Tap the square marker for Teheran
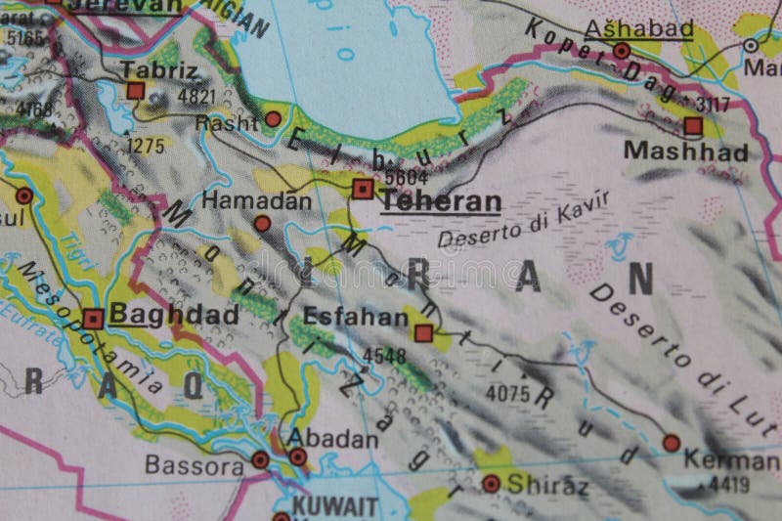click(363, 188)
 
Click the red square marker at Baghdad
click(93, 319)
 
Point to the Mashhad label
click(685, 152)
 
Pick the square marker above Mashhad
click(693, 126)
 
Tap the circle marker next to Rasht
click(274, 118)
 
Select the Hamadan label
click(258, 200)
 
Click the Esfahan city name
click(341, 317)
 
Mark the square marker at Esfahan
click(423, 334)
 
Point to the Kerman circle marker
click(671, 442)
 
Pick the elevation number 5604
click(407, 177)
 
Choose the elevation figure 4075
click(507, 393)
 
